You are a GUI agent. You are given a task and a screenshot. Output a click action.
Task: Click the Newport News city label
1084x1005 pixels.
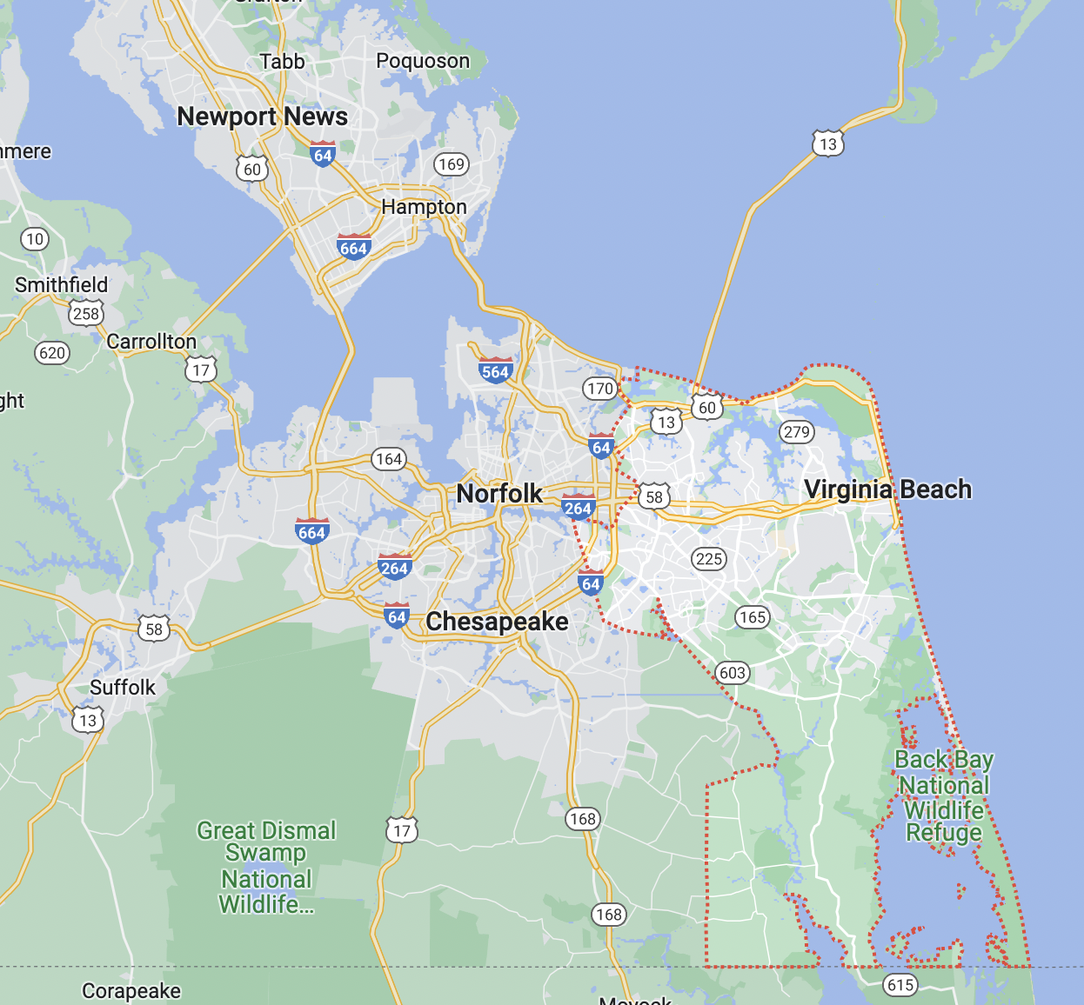tap(262, 116)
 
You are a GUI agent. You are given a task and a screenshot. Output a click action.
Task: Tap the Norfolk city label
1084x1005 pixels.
tap(499, 494)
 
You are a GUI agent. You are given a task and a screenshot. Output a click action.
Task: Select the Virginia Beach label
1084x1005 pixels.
tap(887, 489)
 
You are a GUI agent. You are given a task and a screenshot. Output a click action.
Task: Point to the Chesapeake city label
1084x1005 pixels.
tap(497, 622)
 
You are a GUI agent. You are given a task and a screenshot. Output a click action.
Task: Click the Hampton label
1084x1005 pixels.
tap(424, 207)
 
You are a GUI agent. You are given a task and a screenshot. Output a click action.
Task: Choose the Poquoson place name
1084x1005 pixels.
tap(423, 61)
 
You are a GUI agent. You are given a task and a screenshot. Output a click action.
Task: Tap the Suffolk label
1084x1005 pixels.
tap(123, 688)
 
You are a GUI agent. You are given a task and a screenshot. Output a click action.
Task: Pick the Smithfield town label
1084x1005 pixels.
tap(62, 285)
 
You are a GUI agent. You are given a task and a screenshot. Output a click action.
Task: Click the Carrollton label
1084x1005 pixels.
tap(151, 342)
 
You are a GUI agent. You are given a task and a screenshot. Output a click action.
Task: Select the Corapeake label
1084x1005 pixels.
tap(131, 991)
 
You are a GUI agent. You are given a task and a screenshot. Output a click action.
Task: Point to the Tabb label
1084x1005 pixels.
tap(282, 62)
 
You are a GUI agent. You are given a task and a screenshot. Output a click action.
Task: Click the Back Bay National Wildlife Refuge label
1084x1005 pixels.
tap(944, 796)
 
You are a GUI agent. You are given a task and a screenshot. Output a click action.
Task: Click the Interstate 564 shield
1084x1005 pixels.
tap(495, 370)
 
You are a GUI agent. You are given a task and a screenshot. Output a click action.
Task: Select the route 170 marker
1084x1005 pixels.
tap(600, 389)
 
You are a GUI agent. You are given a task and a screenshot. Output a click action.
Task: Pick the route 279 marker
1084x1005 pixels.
tap(796, 432)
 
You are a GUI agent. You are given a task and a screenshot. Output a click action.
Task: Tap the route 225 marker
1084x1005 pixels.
tap(709, 559)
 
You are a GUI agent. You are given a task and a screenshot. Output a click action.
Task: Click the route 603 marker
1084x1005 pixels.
tap(733, 673)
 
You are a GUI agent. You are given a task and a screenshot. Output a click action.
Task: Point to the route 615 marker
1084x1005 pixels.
tap(900, 985)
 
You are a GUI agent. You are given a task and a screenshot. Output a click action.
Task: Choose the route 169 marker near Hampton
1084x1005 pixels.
tap(452, 164)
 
